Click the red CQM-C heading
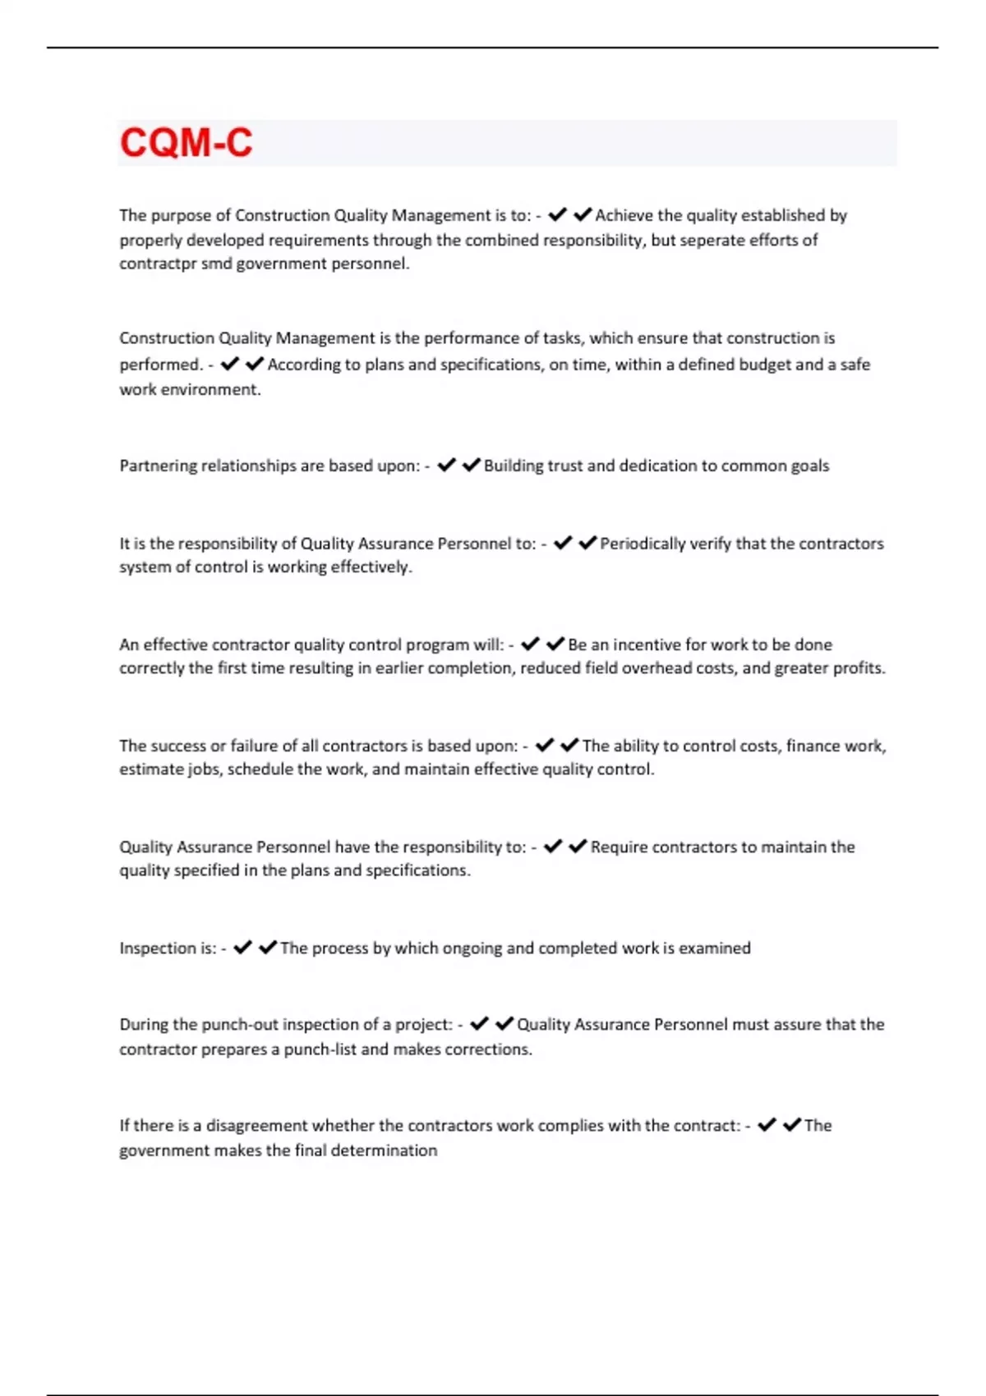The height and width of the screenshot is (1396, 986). click(x=186, y=143)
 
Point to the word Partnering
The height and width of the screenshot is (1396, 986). click(x=158, y=466)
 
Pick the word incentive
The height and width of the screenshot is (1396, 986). click(x=649, y=645)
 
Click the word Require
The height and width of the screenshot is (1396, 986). click(x=618, y=847)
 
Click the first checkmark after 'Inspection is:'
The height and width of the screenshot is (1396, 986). click(x=242, y=948)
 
